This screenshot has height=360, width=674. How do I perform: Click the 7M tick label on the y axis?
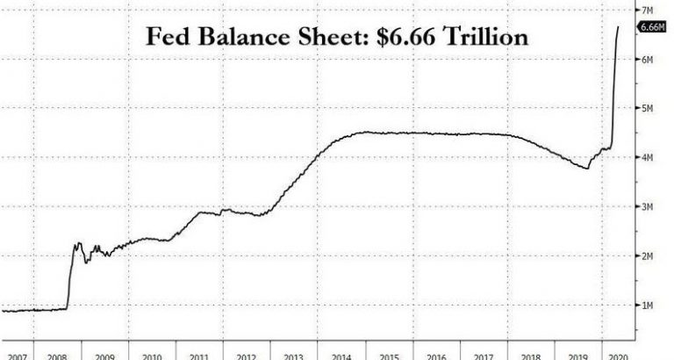650,10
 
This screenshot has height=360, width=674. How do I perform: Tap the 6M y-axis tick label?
650,59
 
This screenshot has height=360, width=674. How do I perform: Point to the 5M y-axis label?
650,108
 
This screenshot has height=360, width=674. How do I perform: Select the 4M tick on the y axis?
650,157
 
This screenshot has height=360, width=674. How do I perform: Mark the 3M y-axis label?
650,206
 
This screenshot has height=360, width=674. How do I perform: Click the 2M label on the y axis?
650,256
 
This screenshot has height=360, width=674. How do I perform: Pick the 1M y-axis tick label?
650,305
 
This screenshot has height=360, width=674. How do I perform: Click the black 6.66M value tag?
650,27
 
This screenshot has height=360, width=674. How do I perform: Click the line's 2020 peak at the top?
618,27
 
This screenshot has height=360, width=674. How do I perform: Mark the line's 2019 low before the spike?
587,168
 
